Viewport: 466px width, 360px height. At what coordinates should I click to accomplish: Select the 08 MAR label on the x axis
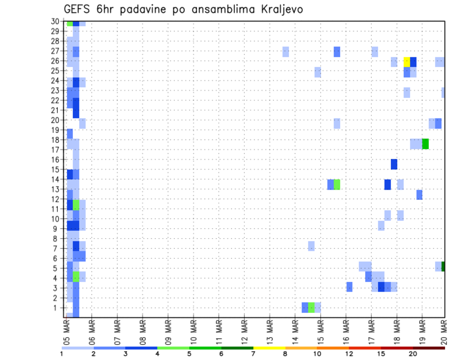click(x=143, y=332)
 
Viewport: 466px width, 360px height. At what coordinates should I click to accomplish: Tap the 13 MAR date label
click(x=269, y=332)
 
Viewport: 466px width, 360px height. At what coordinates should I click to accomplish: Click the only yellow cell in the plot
click(x=407, y=62)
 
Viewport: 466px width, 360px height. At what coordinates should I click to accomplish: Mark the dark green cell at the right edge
click(x=443, y=266)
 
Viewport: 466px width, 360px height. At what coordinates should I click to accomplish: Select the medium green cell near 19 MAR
click(x=425, y=144)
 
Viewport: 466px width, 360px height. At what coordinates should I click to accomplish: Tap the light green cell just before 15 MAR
click(x=311, y=308)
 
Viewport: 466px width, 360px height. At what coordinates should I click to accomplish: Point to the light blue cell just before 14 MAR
click(x=285, y=52)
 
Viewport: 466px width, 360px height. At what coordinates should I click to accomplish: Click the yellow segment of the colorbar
click(x=269, y=348)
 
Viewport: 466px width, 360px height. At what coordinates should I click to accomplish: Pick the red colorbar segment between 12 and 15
click(x=365, y=348)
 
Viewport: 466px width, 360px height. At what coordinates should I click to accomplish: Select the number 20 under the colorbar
click(x=413, y=354)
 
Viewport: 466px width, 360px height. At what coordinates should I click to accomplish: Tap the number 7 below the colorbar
click(x=253, y=354)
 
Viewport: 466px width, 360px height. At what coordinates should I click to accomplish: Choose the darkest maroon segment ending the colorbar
click(x=429, y=348)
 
